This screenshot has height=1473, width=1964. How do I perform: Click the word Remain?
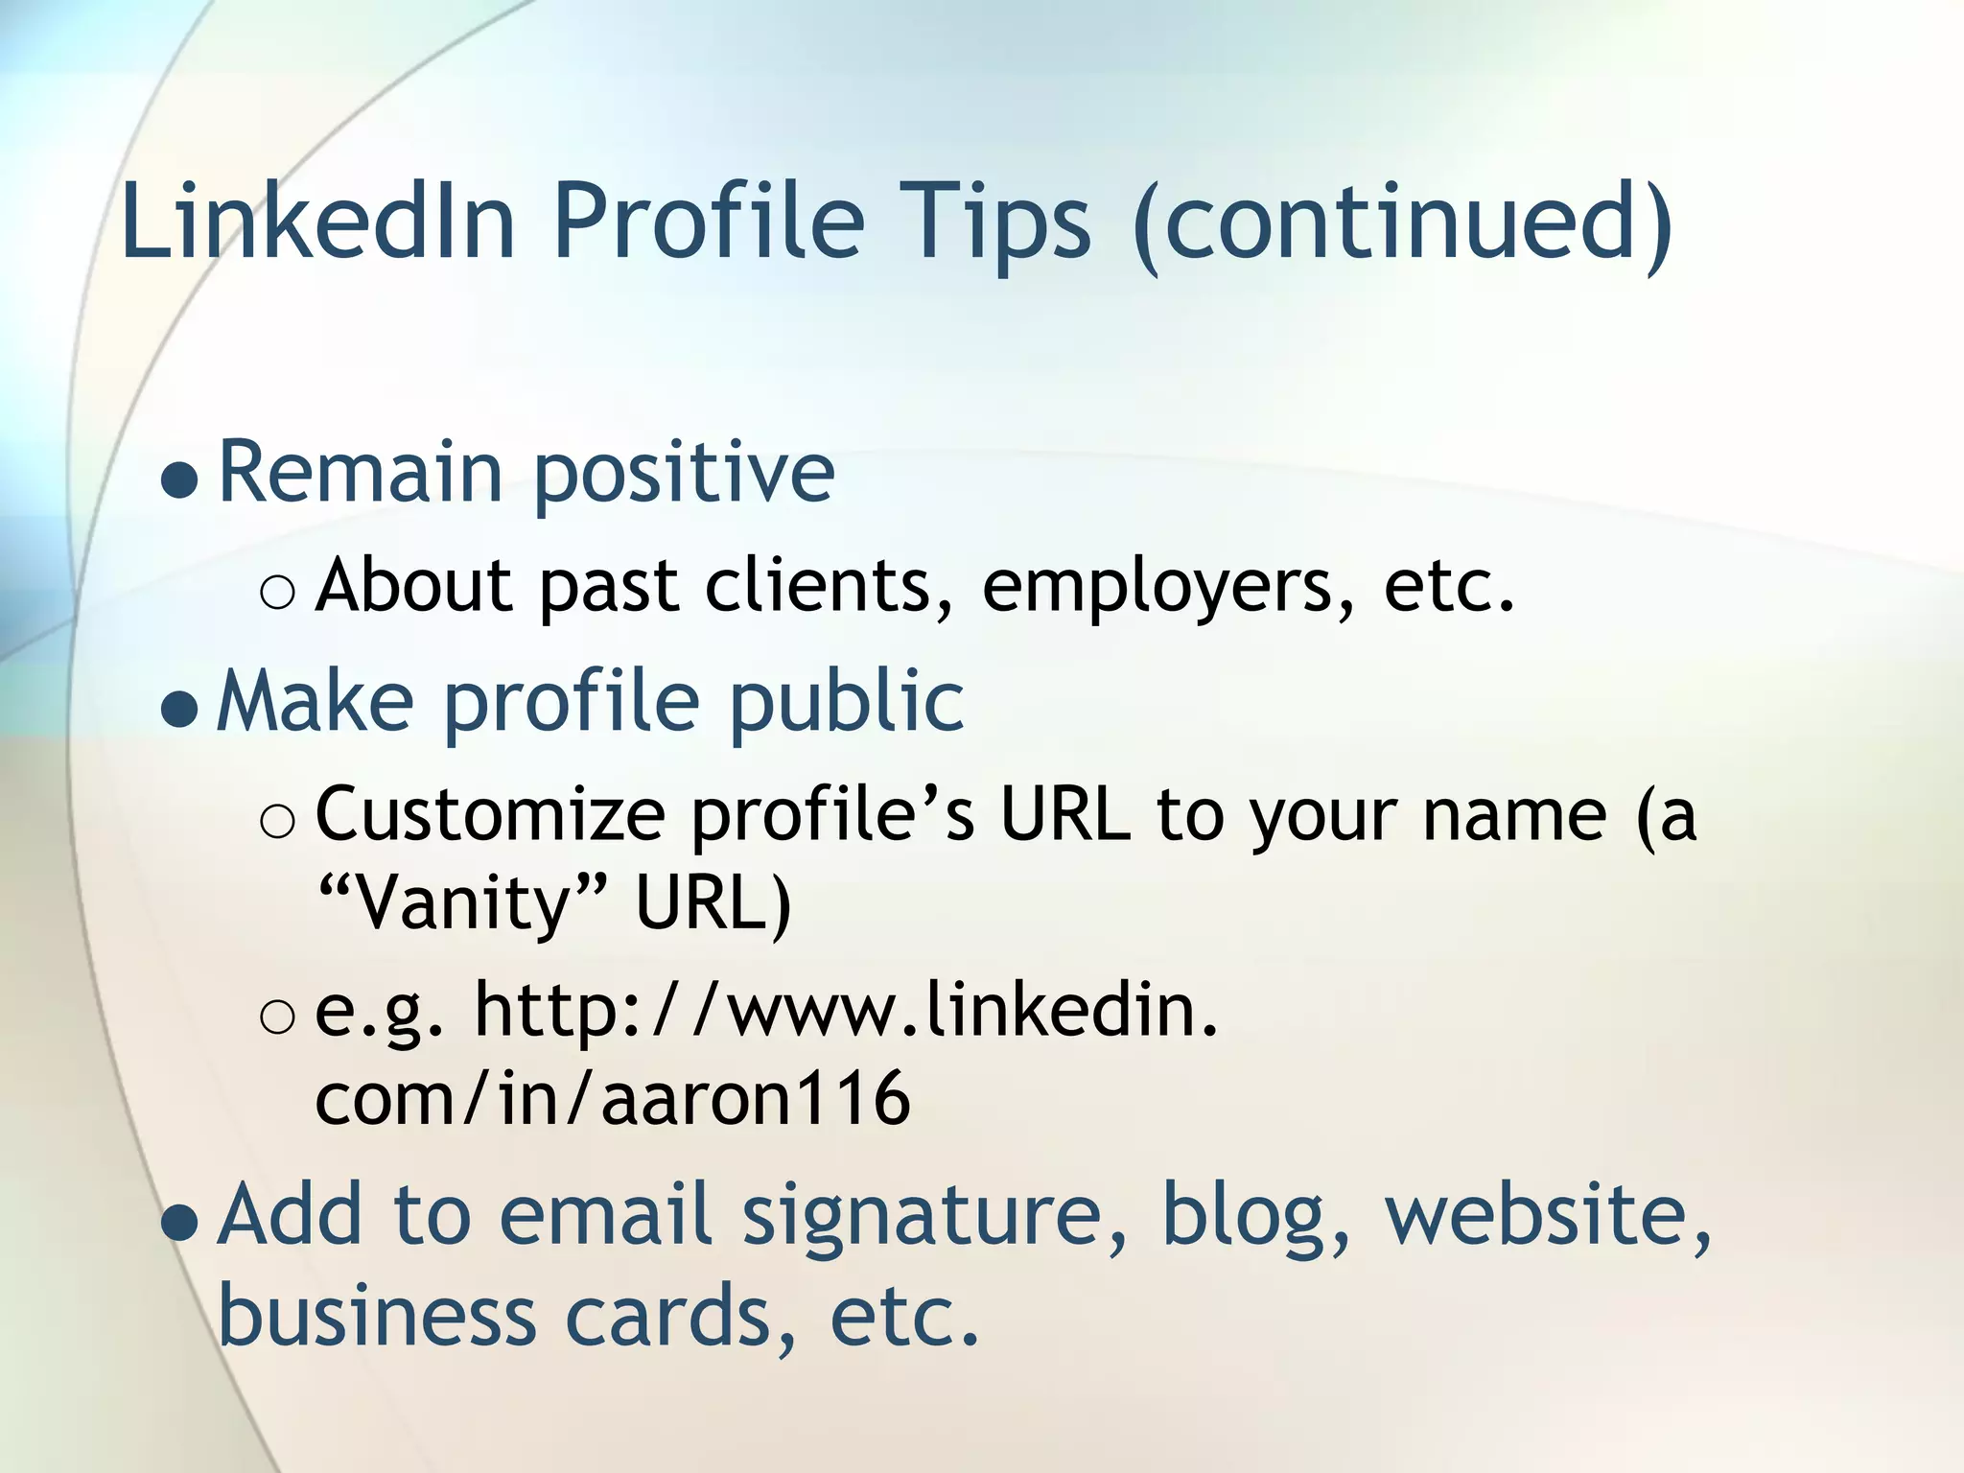point(361,472)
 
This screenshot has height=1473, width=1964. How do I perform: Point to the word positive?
point(684,476)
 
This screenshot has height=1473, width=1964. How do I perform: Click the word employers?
point(1169,589)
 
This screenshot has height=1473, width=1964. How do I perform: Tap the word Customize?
point(491,816)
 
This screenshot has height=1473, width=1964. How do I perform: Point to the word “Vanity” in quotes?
point(462,903)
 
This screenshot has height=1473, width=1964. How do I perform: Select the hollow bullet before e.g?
point(278,1017)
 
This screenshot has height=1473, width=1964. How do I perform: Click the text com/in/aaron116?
point(612,1098)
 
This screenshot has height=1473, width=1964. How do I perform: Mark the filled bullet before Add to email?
point(180,1224)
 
